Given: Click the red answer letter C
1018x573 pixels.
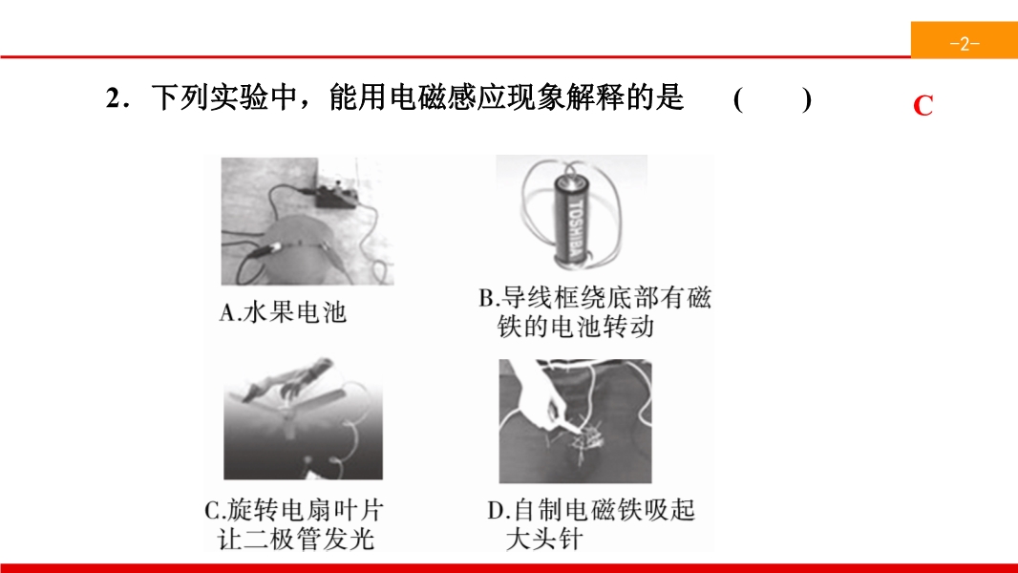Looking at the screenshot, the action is tap(923, 105).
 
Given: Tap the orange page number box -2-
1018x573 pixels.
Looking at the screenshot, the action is tap(965, 40).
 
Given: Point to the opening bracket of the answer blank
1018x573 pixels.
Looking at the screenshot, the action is tap(738, 99).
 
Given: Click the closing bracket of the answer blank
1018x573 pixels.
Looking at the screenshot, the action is tap(806, 99).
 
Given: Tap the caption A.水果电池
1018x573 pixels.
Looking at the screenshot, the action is tap(283, 312).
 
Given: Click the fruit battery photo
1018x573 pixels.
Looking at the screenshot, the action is tap(308, 221).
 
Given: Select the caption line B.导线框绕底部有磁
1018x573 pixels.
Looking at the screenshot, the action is tap(595, 298).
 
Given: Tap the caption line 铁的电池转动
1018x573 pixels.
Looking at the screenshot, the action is tap(576, 326).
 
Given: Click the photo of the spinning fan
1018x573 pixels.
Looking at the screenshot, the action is tap(303, 418).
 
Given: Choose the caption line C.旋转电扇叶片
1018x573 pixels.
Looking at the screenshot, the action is tap(293, 510).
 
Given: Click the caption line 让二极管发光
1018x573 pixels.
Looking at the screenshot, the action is tap(296, 540).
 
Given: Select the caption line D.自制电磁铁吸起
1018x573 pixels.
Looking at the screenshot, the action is tap(591, 510).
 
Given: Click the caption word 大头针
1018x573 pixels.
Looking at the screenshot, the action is tap(544, 540).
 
